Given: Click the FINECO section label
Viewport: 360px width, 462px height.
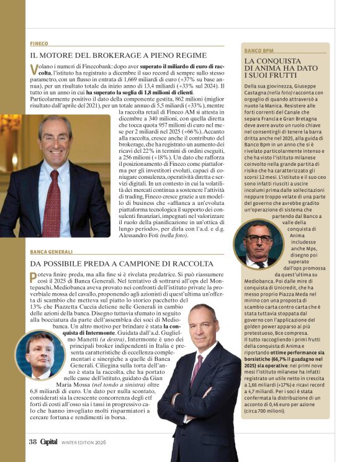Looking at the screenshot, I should (38, 43).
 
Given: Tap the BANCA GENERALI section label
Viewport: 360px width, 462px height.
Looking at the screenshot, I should (52, 252).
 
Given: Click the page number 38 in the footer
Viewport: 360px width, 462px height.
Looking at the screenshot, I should (32, 442).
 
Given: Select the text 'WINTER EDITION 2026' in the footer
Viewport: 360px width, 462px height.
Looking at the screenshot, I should (89, 443).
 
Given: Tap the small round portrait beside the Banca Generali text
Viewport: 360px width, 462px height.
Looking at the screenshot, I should (39, 355).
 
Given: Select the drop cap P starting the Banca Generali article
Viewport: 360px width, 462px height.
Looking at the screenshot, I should (34, 275).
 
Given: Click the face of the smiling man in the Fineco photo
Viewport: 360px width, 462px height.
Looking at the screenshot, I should (55, 140).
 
